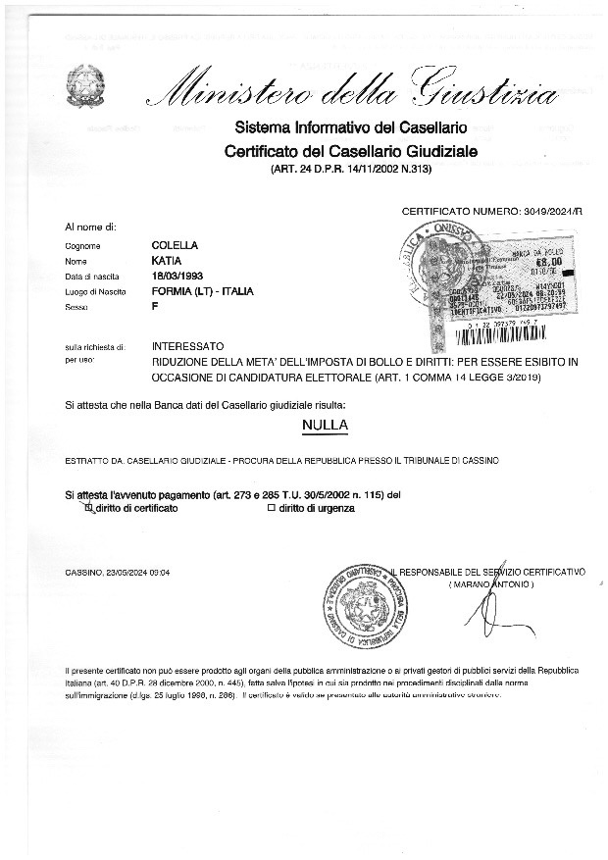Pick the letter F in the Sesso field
[155, 308]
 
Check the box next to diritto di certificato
[89, 508]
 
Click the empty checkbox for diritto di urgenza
[271, 508]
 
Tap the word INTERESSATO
[188, 346]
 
